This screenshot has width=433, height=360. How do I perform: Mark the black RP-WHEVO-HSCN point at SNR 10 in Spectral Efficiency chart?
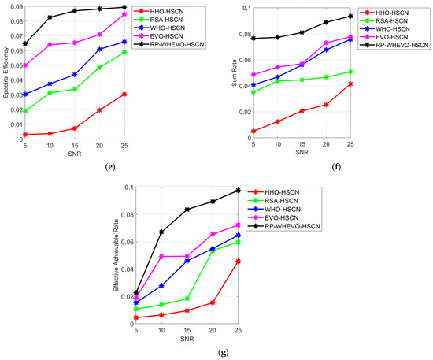click(x=72, y=17)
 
